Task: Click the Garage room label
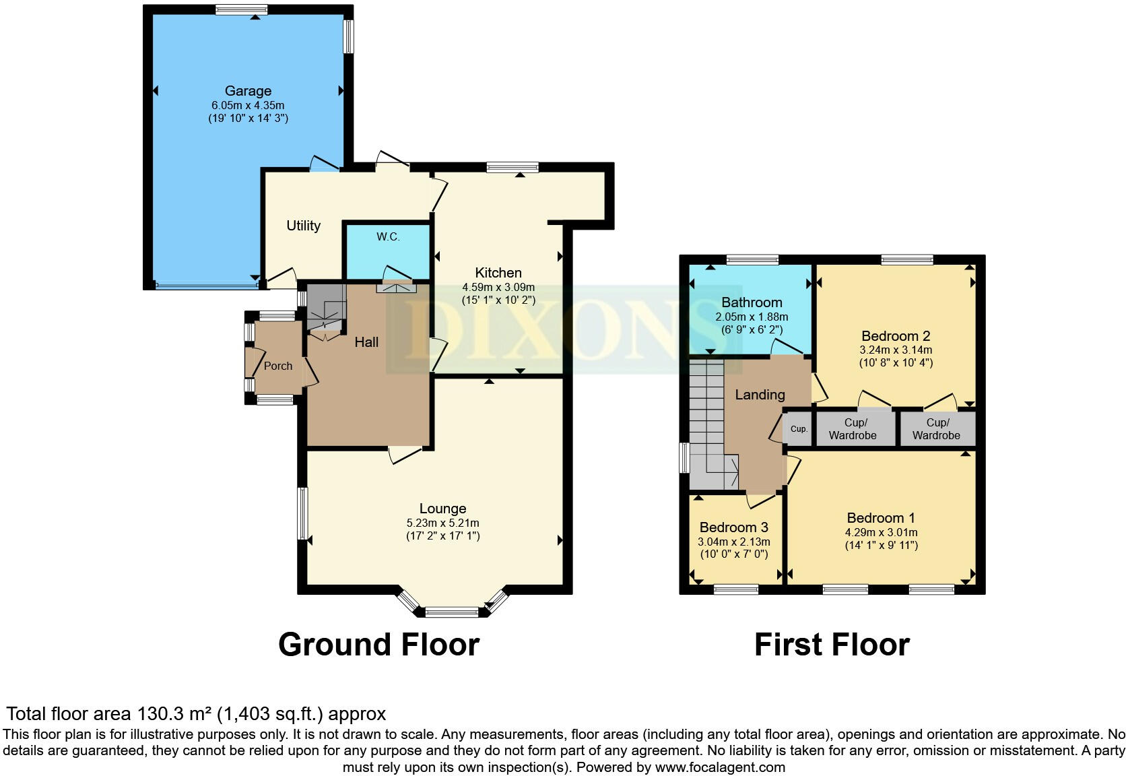pos(248,91)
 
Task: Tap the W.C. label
pos(388,236)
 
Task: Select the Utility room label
pos(303,226)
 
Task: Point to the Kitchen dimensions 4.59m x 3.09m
pos(498,287)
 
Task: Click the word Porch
pos(278,366)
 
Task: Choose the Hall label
pos(366,342)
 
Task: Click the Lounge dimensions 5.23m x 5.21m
pos(442,523)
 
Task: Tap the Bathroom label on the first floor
pos(752,302)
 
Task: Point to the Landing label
pos(760,395)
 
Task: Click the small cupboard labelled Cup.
pos(799,429)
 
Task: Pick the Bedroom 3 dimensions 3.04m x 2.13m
pos(733,542)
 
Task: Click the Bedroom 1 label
pos(880,518)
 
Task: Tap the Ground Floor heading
pos(378,645)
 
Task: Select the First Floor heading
pos(832,645)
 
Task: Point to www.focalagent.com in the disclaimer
pos(720,767)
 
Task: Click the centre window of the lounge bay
pos(452,612)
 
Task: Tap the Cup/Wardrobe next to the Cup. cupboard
pos(853,429)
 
